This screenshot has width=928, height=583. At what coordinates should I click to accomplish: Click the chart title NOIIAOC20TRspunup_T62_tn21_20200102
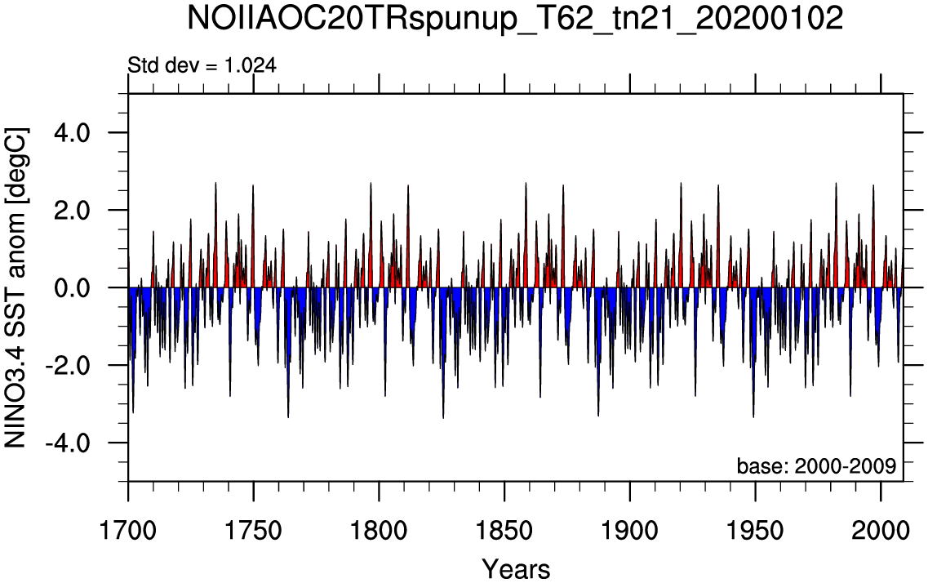(x=515, y=18)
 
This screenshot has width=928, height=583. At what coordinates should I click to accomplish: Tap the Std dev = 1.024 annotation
(x=202, y=65)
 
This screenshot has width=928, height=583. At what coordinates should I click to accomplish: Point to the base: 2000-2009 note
(x=816, y=466)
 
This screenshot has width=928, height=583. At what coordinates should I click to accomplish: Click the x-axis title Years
(x=516, y=569)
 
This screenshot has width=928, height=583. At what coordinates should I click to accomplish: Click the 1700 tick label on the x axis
(x=128, y=530)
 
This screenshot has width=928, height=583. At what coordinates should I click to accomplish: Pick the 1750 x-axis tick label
(x=254, y=530)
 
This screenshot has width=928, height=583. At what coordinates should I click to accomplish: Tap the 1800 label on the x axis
(x=380, y=530)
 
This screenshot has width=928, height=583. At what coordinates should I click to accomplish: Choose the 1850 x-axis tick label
(x=505, y=530)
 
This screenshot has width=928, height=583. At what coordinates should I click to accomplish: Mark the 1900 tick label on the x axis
(x=630, y=530)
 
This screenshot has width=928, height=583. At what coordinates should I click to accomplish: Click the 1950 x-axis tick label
(x=756, y=530)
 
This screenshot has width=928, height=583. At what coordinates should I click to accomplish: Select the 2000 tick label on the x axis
(x=881, y=530)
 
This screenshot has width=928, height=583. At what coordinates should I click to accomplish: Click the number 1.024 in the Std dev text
(x=250, y=65)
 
